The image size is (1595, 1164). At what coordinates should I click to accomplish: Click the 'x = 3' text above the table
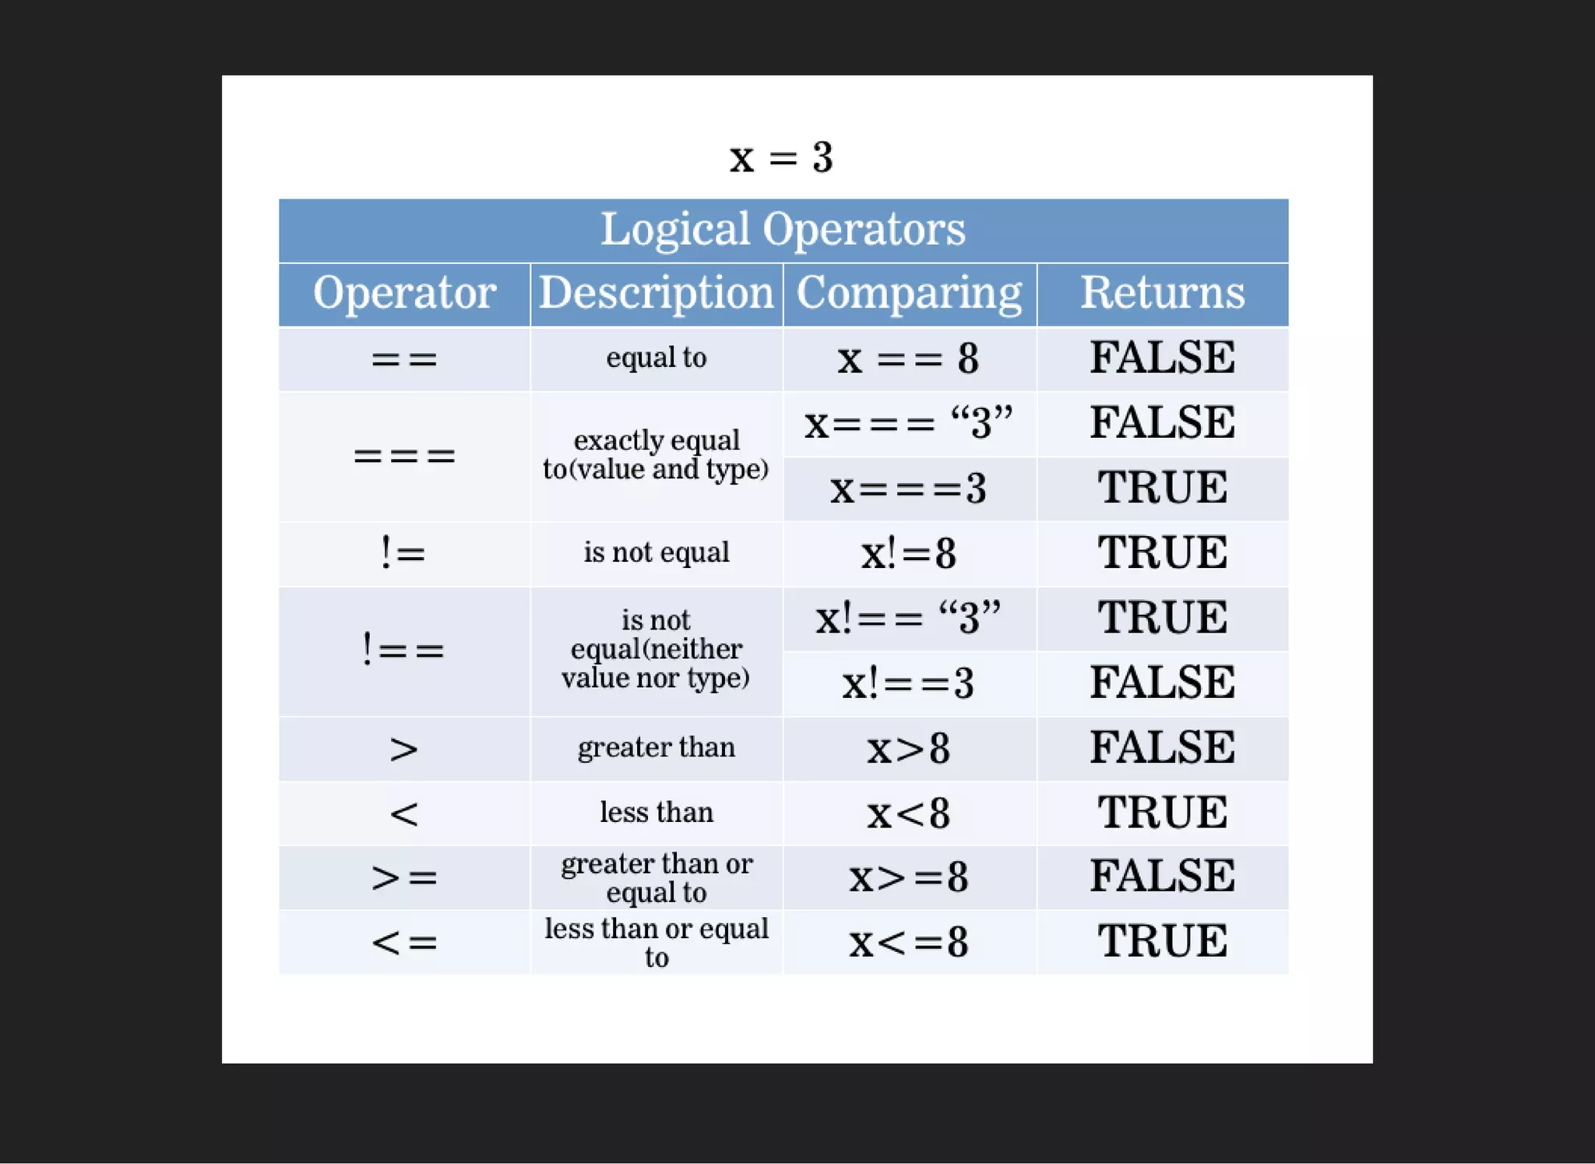pyautogui.click(x=781, y=157)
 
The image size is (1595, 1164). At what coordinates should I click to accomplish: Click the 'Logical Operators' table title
pyautogui.click(x=783, y=229)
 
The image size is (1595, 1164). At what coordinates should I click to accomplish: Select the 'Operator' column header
pyautogui.click(x=404, y=293)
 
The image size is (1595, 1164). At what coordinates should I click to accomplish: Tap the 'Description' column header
pyautogui.click(x=657, y=293)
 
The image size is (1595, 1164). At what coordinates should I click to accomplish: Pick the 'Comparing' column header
pyautogui.click(x=909, y=293)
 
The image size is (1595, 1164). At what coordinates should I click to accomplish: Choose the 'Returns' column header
pyautogui.click(x=1162, y=293)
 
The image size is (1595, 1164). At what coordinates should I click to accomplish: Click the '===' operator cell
pyautogui.click(x=404, y=456)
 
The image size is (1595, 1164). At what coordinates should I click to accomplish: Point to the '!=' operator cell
pyautogui.click(x=404, y=553)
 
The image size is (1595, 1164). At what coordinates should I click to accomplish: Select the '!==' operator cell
pyautogui.click(x=404, y=650)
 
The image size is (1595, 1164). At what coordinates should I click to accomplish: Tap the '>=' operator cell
pyautogui.click(x=404, y=877)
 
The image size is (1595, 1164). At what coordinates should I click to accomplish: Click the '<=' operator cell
pyautogui.click(x=404, y=942)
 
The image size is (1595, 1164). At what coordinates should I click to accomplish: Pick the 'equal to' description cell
pyautogui.click(x=657, y=358)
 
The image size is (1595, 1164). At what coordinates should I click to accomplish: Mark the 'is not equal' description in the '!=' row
pyautogui.click(x=657, y=552)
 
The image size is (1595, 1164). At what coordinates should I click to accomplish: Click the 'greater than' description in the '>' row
pyautogui.click(x=657, y=747)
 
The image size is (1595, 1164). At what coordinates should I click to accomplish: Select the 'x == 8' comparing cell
pyautogui.click(x=909, y=359)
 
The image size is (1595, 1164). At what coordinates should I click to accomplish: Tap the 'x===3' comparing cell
pyautogui.click(x=909, y=489)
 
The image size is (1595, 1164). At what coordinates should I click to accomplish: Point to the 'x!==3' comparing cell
pyautogui.click(x=909, y=683)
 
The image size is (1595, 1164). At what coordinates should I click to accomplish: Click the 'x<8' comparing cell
pyautogui.click(x=909, y=813)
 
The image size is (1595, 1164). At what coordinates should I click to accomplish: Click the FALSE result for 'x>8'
pyautogui.click(x=1162, y=747)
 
